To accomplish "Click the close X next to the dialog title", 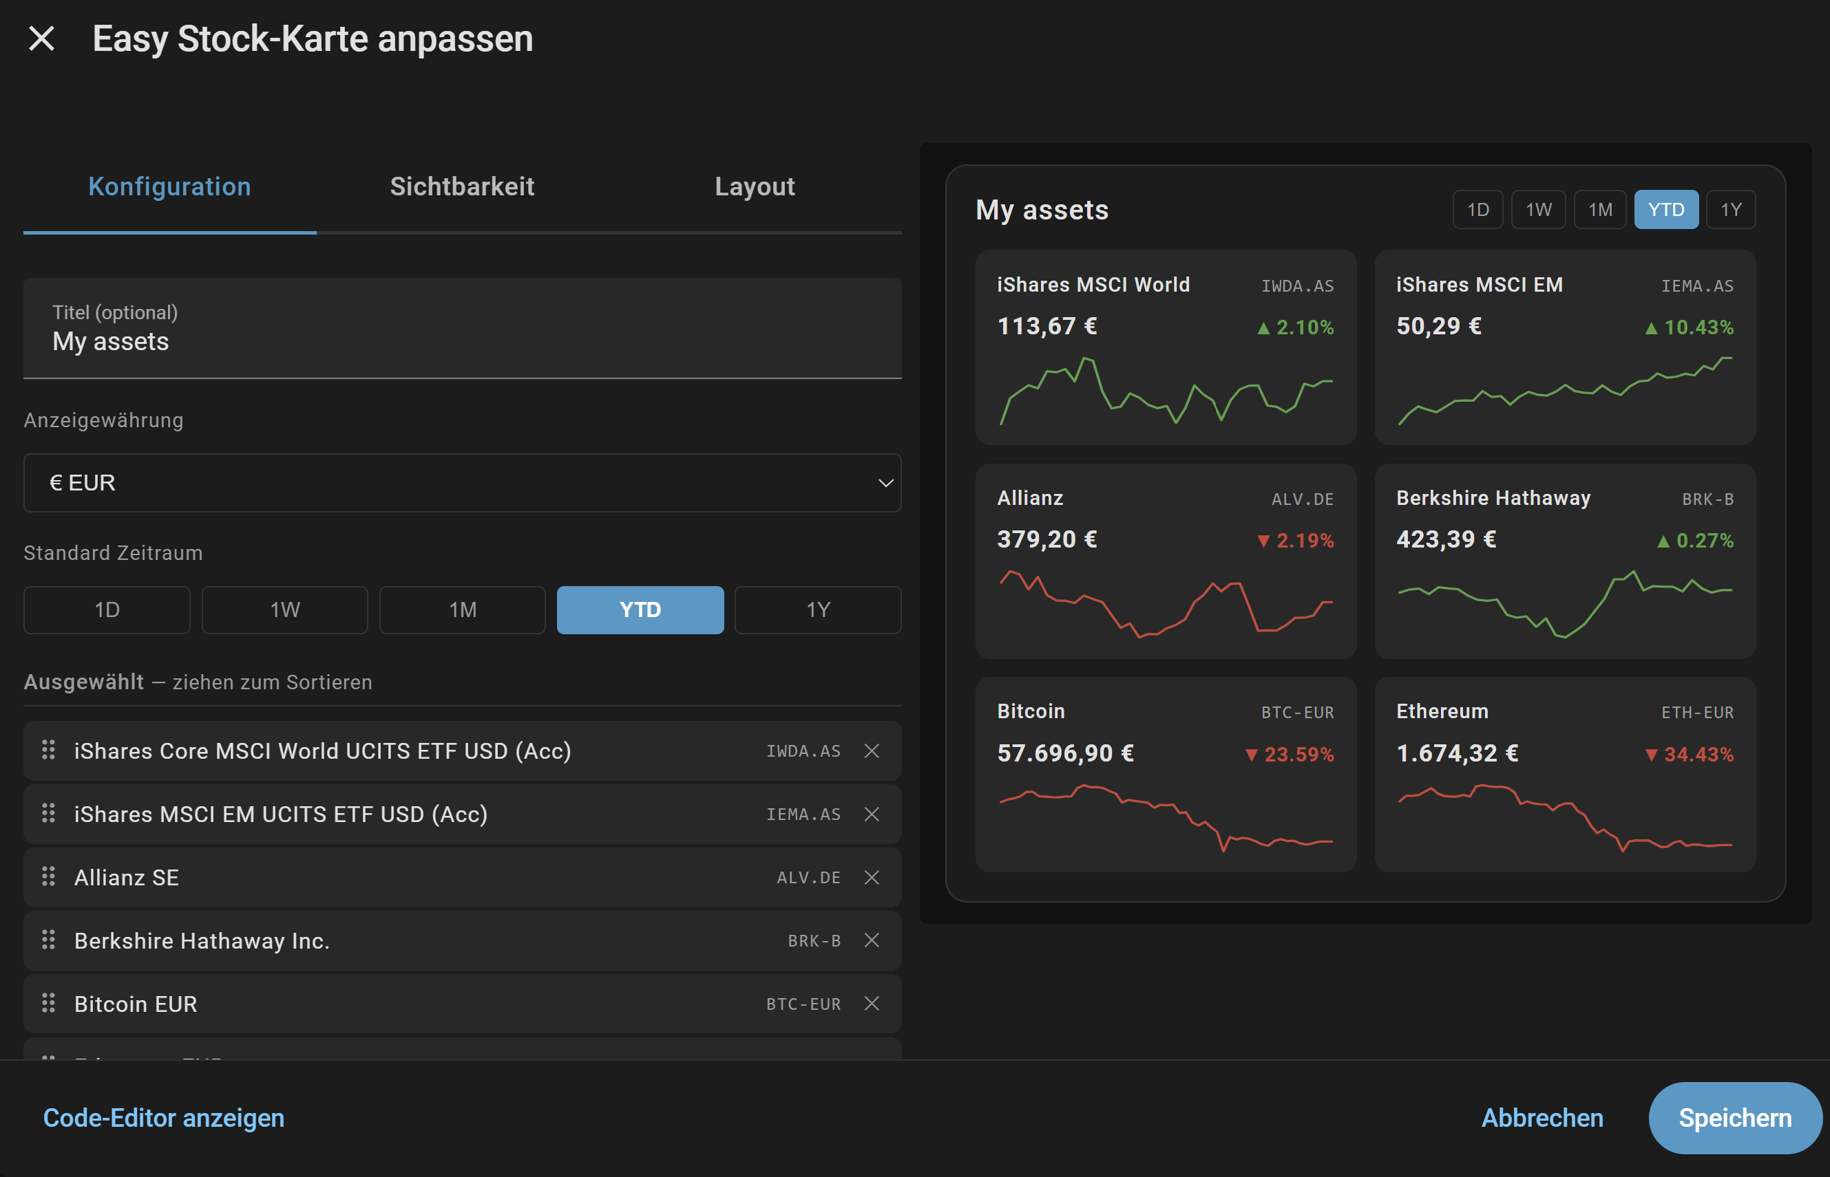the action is pyautogui.click(x=41, y=39).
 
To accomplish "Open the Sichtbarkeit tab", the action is pyautogui.click(x=462, y=186).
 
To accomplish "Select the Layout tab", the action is pyautogui.click(x=755, y=186).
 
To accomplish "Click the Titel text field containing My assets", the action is pyautogui.click(x=462, y=329).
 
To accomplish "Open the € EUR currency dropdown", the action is pyautogui.click(x=462, y=483).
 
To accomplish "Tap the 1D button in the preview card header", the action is pyautogui.click(x=1477, y=209).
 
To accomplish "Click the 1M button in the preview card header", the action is pyautogui.click(x=1600, y=209).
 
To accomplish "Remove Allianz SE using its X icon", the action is pyautogui.click(x=871, y=877).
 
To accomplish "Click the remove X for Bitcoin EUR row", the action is pyautogui.click(x=871, y=1004).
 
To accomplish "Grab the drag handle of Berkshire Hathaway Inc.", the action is pyautogui.click(x=48, y=940).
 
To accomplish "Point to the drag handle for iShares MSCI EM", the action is pyautogui.click(x=48, y=814).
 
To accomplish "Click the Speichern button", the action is pyautogui.click(x=1734, y=1118).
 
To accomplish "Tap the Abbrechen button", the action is pyautogui.click(x=1542, y=1118).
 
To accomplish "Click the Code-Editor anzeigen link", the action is pyautogui.click(x=164, y=1118).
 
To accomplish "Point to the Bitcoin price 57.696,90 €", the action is pyautogui.click(x=1065, y=753).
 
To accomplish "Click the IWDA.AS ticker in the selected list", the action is pyautogui.click(x=803, y=751).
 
